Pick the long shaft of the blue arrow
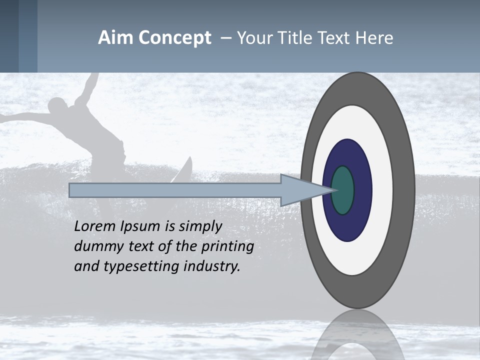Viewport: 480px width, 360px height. [x=175, y=190]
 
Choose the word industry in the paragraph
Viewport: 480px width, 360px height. [x=212, y=266]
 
